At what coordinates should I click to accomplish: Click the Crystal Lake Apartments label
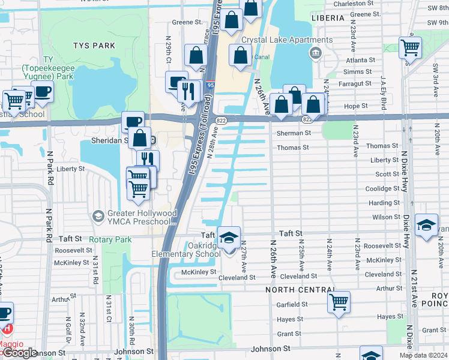coord(286,40)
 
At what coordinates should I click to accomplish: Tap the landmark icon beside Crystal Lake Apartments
coord(315,54)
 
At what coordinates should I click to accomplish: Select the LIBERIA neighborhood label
coord(328,19)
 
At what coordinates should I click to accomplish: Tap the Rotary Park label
coord(110,239)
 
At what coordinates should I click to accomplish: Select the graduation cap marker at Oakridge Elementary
coord(228,238)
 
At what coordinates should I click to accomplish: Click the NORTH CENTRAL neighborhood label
coord(300,290)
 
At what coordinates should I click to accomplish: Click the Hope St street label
coord(355,106)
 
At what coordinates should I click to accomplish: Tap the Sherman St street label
coord(294,133)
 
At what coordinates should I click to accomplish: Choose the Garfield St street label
coord(292,304)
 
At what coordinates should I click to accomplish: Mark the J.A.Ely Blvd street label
coord(383,93)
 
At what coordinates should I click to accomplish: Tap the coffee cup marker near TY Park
coord(43,92)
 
